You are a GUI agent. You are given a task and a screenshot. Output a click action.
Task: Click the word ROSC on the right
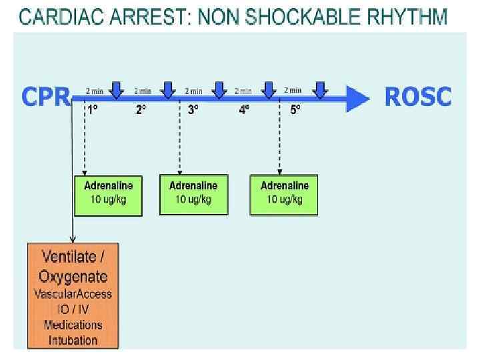point(418,97)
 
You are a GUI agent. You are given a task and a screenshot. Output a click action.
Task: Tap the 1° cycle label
point(93,110)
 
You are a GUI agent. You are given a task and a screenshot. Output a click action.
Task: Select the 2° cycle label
point(141,110)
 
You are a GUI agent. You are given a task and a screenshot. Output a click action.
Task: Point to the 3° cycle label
point(193,110)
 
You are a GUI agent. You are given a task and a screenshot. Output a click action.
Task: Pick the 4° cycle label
point(245,110)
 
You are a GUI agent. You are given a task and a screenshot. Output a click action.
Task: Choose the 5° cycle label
point(295,110)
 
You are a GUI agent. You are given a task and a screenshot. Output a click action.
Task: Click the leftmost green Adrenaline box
point(108,195)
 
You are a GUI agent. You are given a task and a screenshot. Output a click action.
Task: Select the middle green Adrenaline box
point(193,195)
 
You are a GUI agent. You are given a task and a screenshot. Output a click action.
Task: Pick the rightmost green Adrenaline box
point(284,195)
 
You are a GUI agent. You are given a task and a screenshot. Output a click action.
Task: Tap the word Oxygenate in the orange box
point(73,275)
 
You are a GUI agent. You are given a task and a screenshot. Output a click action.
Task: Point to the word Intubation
point(73,340)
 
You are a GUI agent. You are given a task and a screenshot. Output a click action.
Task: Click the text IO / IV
point(73,309)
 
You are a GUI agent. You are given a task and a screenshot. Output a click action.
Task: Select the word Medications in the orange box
point(73,325)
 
